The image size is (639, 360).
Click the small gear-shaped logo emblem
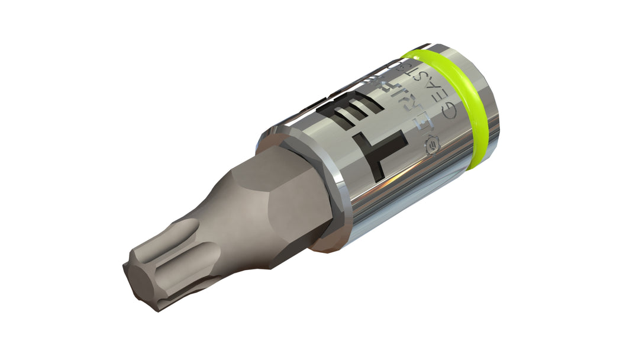[x=431, y=144]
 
